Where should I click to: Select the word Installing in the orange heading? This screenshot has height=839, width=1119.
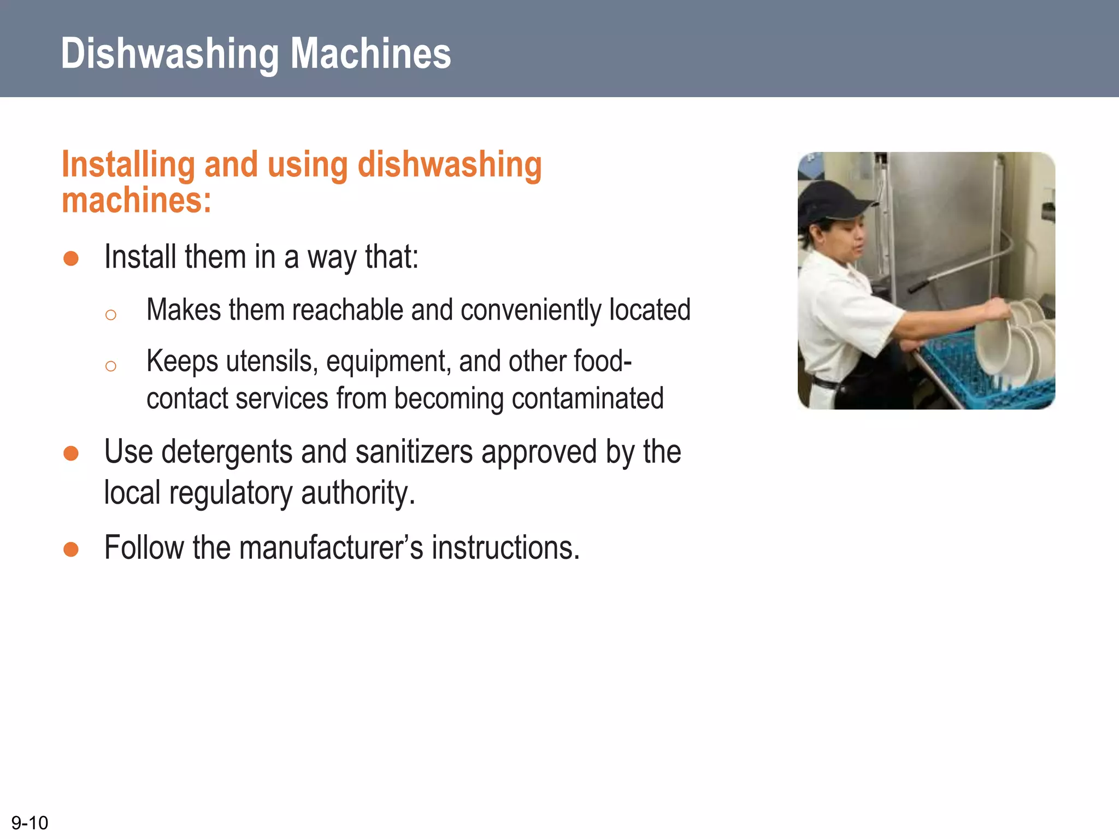[128, 164]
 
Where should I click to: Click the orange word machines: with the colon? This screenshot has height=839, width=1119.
[136, 200]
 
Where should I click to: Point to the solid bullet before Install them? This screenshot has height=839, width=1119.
[71, 258]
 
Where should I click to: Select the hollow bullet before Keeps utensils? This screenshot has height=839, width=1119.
[111, 366]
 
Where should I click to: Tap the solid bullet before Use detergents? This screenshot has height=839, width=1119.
[71, 453]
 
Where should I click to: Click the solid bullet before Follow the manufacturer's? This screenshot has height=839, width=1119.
[71, 549]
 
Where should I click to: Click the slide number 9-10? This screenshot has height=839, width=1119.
[30, 823]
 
